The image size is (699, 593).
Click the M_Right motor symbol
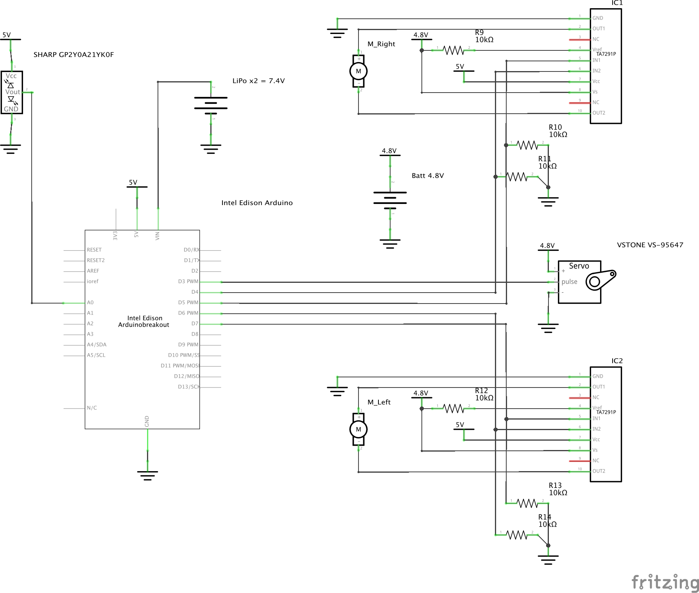(358, 71)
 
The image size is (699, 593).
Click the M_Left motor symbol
(358, 429)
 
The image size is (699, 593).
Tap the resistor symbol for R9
(453, 50)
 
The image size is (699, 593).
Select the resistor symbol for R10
(527, 145)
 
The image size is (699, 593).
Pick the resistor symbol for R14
(517, 535)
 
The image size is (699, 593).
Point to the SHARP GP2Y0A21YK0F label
(73, 55)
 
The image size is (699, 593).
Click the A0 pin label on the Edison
(90, 303)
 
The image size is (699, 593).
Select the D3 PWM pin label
(188, 282)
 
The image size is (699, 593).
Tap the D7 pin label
(195, 324)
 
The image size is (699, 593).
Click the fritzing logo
(665, 582)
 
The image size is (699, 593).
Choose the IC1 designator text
(617, 3)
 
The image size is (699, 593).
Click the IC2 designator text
(617, 361)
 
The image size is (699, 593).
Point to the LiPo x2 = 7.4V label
(258, 81)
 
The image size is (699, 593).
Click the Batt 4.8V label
(428, 176)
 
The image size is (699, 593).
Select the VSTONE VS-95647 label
(650, 245)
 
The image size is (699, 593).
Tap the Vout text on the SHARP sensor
(13, 92)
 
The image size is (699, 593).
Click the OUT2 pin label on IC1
(599, 113)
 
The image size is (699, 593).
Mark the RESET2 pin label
(96, 261)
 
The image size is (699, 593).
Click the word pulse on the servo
(569, 282)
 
